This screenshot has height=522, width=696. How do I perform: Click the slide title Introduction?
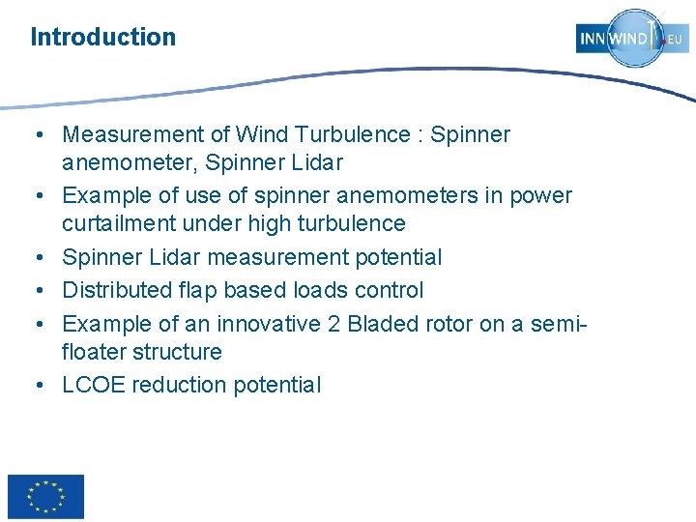(x=103, y=38)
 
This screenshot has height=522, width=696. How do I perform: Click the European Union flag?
(x=45, y=497)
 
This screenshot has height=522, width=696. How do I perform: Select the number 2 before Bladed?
(x=333, y=323)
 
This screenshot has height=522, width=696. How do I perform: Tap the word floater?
(x=97, y=352)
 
